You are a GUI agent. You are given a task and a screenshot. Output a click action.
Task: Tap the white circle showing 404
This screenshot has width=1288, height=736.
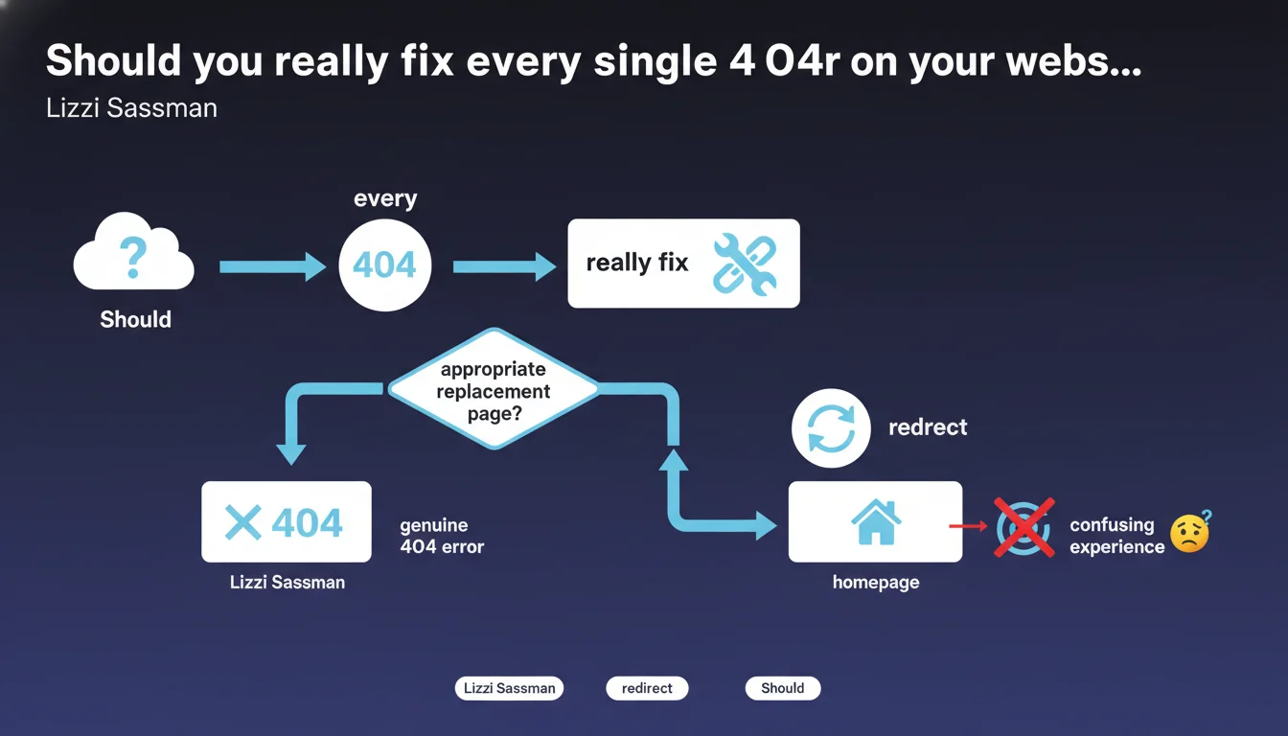tap(384, 265)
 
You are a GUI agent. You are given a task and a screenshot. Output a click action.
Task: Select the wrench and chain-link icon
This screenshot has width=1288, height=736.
tap(745, 264)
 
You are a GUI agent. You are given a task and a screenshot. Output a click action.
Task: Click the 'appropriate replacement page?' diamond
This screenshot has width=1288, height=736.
tap(494, 389)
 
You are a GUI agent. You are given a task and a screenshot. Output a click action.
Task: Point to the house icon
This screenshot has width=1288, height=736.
tap(876, 521)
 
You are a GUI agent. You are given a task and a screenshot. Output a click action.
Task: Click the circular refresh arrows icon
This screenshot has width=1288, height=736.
tap(831, 428)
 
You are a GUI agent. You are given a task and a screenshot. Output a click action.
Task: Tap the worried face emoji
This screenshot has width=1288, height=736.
tap(1190, 533)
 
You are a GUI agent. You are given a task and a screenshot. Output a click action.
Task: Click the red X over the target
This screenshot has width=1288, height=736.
tap(1024, 528)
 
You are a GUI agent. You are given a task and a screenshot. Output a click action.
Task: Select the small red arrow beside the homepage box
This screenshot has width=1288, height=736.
tap(968, 525)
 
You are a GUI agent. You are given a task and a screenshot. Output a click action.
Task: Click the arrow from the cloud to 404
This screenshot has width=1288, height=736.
tap(272, 266)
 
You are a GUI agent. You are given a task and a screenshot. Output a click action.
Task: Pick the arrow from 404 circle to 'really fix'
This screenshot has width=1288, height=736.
tap(504, 266)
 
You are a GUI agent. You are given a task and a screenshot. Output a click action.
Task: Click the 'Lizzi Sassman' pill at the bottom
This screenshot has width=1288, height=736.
tap(509, 688)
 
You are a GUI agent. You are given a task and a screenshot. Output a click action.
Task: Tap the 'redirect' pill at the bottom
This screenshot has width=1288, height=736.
tap(647, 688)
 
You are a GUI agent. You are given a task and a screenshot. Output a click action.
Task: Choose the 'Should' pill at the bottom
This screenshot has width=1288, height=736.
tap(783, 688)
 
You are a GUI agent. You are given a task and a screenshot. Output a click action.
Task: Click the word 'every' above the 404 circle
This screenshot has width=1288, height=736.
tap(385, 198)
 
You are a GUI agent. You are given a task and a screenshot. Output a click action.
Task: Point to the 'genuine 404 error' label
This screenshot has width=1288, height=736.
tap(442, 536)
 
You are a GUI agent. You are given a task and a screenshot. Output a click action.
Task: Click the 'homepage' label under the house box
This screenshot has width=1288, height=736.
tap(876, 583)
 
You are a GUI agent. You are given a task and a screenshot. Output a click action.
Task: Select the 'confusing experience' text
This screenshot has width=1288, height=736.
tap(1117, 536)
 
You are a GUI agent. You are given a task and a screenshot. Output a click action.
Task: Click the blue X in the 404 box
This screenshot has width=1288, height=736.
tap(243, 522)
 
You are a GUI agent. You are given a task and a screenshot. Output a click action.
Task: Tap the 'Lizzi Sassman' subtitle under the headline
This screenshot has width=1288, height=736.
tap(131, 108)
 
